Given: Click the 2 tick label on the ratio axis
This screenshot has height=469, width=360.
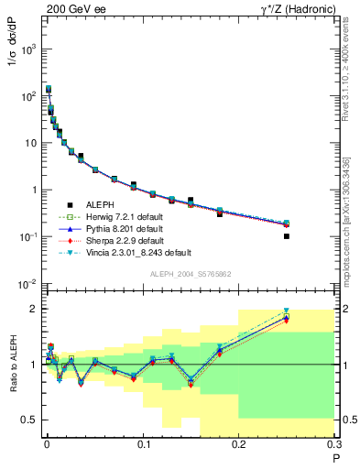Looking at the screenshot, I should [35, 309].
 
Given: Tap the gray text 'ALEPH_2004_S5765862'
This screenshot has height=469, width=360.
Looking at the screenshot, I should [190, 274].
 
